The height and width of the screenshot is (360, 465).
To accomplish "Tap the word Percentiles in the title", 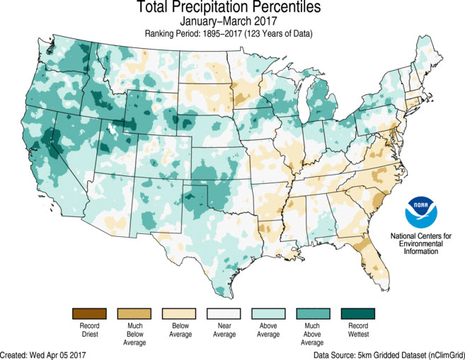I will (280, 8).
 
